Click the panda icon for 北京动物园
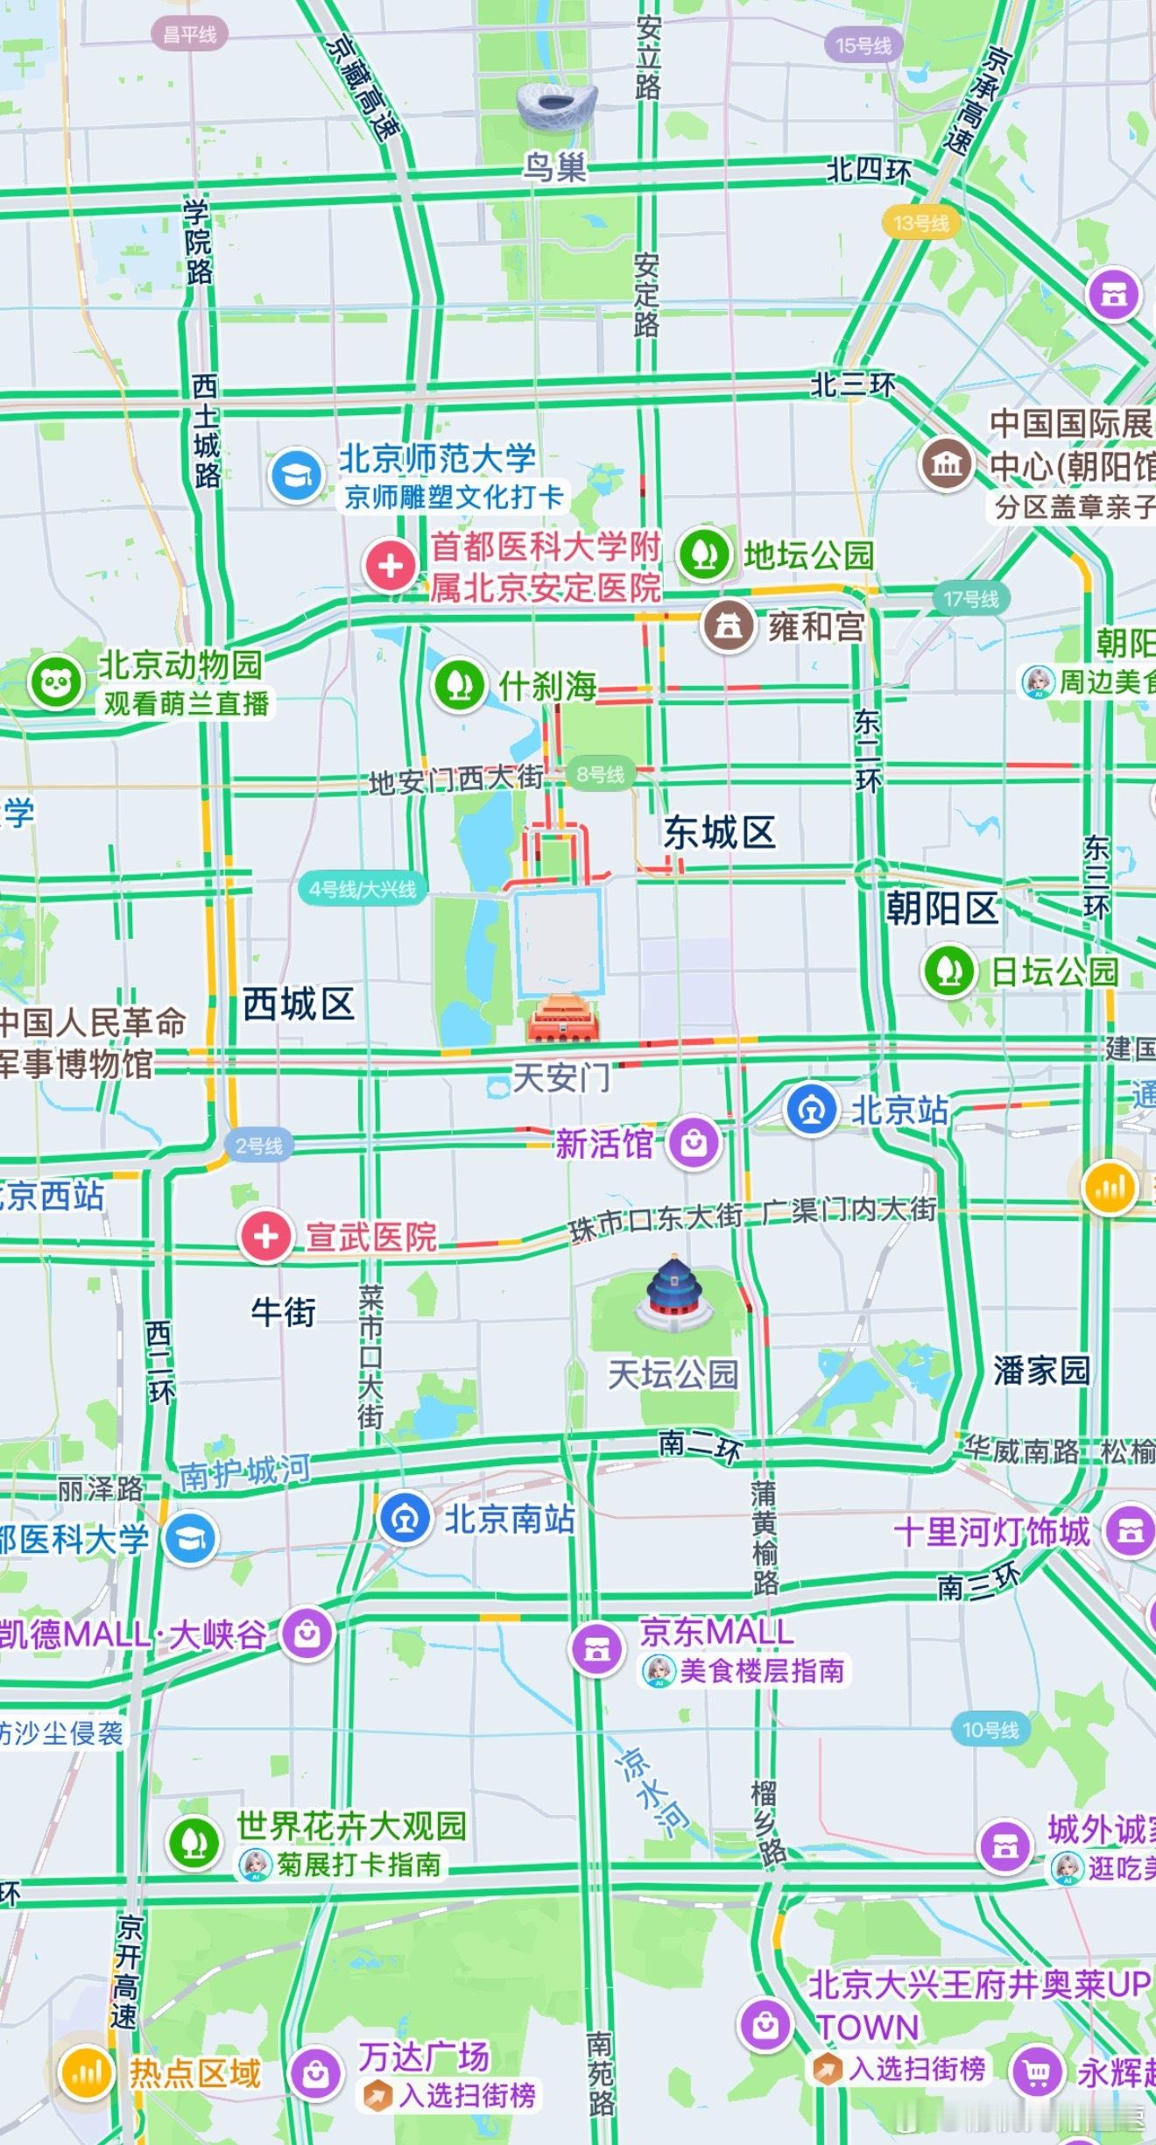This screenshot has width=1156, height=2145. pyautogui.click(x=57, y=682)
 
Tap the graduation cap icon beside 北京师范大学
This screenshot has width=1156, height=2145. pyautogui.click(x=297, y=475)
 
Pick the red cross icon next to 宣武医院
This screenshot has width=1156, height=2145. pyautogui.click(x=266, y=1236)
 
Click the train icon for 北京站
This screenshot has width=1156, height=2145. pyautogui.click(x=811, y=1110)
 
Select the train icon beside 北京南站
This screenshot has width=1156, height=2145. pyautogui.click(x=405, y=1518)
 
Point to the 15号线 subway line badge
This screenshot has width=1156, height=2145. pyautogui.click(x=863, y=46)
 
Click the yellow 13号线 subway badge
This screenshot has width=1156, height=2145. pyautogui.click(x=920, y=223)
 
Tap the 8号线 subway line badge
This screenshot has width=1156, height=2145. pyautogui.click(x=600, y=774)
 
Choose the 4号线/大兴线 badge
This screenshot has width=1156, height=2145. pyautogui.click(x=363, y=889)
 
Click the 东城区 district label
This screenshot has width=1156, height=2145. pyautogui.click(x=719, y=832)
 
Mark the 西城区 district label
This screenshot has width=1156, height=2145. pyautogui.click(x=298, y=1004)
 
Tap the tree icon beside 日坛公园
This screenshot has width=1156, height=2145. pyautogui.click(x=949, y=970)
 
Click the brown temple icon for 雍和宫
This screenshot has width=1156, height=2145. pyautogui.click(x=729, y=625)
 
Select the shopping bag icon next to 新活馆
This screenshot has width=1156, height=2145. pyautogui.click(x=694, y=1142)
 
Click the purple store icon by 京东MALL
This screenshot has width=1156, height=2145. pyautogui.click(x=596, y=1648)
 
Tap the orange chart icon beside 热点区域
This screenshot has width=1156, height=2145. pyautogui.click(x=86, y=2072)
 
